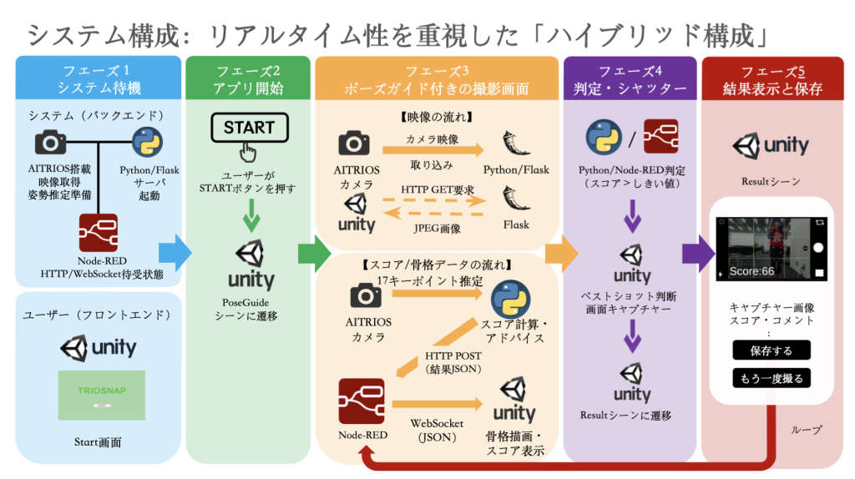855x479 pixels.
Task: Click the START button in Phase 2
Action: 249,128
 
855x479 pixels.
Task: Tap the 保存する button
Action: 772,350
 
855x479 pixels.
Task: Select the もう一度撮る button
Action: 772,378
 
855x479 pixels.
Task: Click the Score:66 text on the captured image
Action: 752,271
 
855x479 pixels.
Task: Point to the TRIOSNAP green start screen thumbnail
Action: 101,395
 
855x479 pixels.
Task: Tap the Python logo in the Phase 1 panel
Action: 148,143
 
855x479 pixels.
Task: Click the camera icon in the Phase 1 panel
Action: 50,143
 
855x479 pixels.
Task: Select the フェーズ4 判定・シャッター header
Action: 630,79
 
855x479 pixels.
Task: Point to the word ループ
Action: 806,430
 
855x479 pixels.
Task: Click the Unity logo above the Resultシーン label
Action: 771,146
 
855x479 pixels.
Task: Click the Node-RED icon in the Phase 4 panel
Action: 660,136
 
